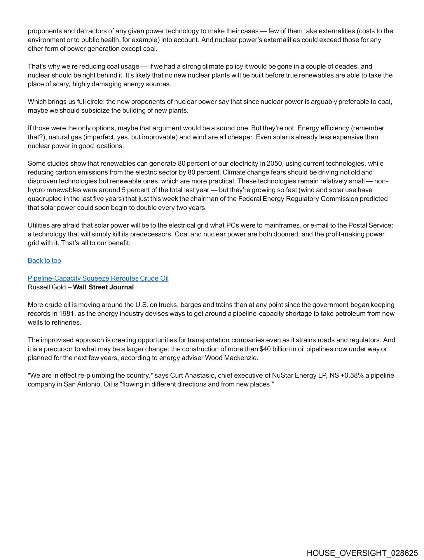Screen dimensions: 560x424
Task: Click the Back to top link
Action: coord(44,260)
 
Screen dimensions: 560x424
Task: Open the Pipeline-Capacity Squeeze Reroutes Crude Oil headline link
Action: coord(98,278)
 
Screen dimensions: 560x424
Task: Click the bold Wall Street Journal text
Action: coord(103,287)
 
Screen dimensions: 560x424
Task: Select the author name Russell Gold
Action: coord(47,287)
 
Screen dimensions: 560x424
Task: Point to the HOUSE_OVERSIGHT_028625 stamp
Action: coord(362,553)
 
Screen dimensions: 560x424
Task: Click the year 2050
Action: coord(274,163)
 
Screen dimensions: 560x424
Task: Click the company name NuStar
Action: coord(282,375)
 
